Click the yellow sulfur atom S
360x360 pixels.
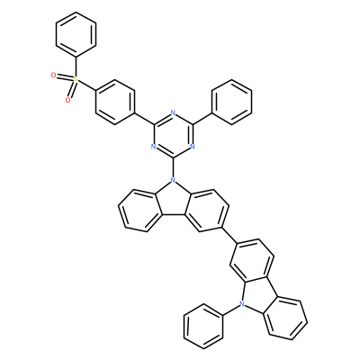click(x=76, y=79)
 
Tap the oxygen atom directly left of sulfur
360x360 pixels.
click(x=53, y=76)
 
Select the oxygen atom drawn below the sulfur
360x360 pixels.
click(x=68, y=100)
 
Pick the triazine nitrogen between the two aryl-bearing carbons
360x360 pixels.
click(x=173, y=113)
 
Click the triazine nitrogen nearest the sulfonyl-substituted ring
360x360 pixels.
click(x=153, y=147)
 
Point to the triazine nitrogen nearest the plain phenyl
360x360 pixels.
click(x=193, y=147)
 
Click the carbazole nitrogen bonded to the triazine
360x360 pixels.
click(x=173, y=181)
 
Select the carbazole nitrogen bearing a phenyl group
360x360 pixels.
click(x=241, y=305)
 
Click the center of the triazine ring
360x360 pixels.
click(x=173, y=136)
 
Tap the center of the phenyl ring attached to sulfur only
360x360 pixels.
click(x=76, y=34)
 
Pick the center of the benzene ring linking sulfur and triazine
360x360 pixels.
click(x=114, y=102)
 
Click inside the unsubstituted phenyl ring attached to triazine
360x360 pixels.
click(x=231, y=102)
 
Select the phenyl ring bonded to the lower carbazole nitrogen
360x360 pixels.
click(x=203, y=327)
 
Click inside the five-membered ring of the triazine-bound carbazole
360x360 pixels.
click(x=172, y=201)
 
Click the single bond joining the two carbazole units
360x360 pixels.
click(x=229, y=235)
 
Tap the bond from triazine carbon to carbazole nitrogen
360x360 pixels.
click(x=173, y=167)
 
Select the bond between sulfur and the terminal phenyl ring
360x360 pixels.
click(x=76, y=67)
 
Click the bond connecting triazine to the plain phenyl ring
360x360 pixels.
click(x=202, y=119)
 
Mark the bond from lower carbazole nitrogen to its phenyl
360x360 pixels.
click(x=232, y=310)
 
